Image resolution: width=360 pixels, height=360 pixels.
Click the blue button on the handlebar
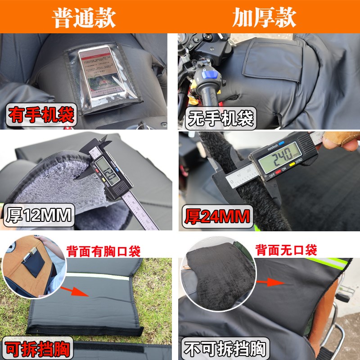click(211, 73)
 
